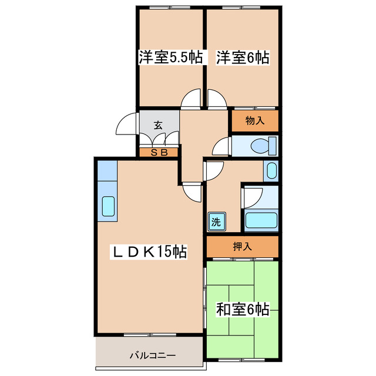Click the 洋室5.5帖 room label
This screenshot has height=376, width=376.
170,58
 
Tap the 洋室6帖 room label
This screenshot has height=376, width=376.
243,58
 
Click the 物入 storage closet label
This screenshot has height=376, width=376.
254,121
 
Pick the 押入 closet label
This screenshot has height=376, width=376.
242,246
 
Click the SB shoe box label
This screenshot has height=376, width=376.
159,152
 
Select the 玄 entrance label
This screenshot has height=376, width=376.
159,125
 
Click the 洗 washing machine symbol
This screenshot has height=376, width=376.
216,222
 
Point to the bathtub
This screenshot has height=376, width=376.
260,221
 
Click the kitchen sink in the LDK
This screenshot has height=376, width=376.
109,206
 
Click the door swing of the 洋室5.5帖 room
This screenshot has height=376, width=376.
191,99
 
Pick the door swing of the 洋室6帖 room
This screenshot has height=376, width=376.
216,98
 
